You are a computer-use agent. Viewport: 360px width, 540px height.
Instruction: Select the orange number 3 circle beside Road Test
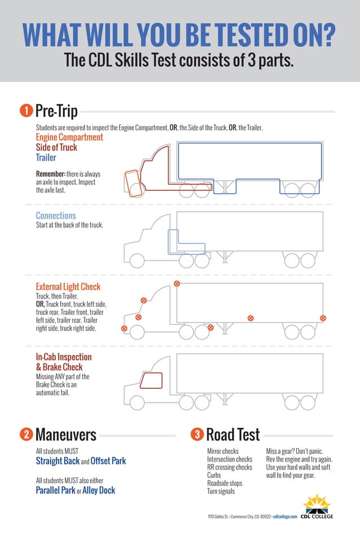click(x=197, y=434)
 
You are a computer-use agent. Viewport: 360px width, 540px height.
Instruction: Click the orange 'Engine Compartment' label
click(x=69, y=137)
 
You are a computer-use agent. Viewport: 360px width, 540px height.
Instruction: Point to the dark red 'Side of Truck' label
click(x=56, y=147)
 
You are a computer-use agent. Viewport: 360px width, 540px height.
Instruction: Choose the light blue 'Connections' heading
click(x=56, y=216)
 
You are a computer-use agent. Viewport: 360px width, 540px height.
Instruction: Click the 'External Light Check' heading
click(x=68, y=287)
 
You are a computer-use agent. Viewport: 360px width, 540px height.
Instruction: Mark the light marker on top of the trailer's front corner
click(x=177, y=283)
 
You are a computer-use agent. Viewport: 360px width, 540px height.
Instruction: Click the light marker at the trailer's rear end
click(x=323, y=318)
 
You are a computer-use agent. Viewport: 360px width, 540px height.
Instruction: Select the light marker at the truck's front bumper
click(x=124, y=328)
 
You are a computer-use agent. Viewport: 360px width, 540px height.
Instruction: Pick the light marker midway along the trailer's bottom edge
click(x=251, y=318)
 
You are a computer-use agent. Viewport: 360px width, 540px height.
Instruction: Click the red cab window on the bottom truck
click(x=151, y=381)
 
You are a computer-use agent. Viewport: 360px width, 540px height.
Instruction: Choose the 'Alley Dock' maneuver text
click(x=99, y=490)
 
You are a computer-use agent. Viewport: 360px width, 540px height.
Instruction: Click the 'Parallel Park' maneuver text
click(x=55, y=490)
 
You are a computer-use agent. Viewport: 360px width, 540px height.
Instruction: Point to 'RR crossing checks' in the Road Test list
click(x=230, y=467)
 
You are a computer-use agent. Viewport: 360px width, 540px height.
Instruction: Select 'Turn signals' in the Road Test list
click(x=221, y=491)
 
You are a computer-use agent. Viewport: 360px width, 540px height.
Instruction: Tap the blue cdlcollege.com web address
click(x=285, y=517)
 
